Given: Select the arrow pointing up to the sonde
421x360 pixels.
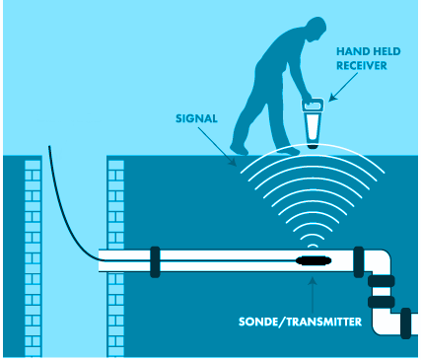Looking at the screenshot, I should (315, 292).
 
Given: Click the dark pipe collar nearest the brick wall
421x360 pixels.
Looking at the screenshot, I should (155, 261).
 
